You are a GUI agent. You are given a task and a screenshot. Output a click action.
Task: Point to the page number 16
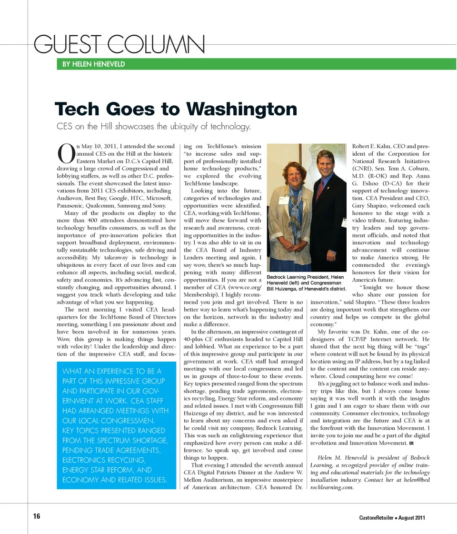point(37,517)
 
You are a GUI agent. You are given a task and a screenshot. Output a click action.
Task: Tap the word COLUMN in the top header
point(157,45)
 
